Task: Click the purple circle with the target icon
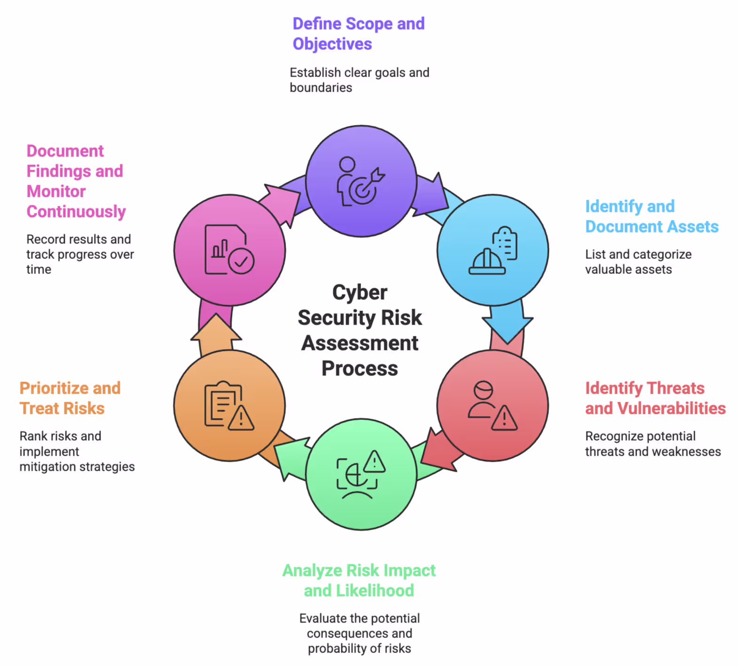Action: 361,181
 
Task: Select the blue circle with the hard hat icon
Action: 492,250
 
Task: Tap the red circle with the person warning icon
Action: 492,405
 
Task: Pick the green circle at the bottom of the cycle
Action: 361,474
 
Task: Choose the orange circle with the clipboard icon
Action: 230,405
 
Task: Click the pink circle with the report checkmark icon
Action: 230,250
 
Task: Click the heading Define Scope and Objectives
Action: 358,33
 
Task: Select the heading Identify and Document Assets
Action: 652,216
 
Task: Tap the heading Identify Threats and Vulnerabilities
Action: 655,398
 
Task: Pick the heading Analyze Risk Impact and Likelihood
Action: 359,580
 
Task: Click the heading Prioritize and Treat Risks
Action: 70,398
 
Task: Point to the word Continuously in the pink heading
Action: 76,211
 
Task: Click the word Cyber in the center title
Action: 360,292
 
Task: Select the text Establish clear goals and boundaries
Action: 359,80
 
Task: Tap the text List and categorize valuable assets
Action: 638,262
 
